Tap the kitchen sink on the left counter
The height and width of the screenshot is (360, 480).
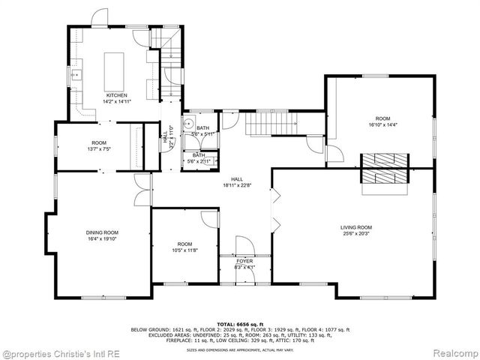click(76, 76)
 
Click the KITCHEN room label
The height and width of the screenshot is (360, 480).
click(117, 95)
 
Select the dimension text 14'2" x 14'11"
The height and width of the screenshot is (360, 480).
click(117, 101)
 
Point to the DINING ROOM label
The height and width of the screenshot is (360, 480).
click(102, 232)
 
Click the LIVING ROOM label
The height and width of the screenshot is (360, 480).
click(356, 227)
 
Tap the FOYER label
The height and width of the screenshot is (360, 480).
click(244, 261)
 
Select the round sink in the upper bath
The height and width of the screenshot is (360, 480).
click(190, 126)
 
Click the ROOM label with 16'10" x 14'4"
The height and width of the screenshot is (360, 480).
click(383, 119)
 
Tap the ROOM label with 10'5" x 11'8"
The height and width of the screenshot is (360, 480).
click(184, 244)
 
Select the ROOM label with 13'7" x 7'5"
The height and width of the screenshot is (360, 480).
click(100, 142)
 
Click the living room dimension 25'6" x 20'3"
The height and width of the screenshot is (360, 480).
click(356, 233)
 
